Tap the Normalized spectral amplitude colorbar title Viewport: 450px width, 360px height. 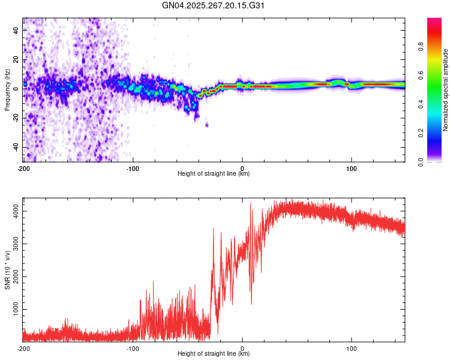pos(445,91)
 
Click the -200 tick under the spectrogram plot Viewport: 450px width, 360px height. pos(23,167)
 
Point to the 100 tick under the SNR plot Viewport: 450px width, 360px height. pos(351,347)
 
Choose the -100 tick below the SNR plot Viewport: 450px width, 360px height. pos(133,347)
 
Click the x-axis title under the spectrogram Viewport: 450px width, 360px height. pos(214,173)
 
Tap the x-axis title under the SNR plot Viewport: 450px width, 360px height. pos(214,353)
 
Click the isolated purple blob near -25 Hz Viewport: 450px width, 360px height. pos(207,125)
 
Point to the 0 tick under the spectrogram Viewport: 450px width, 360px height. pos(242,167)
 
